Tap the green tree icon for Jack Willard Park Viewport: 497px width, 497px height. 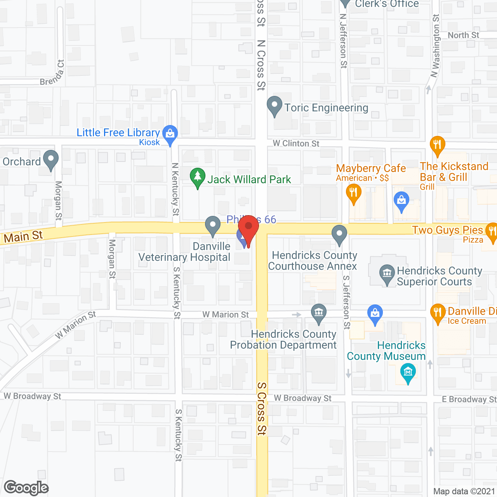198,177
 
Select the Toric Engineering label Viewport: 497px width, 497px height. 326,108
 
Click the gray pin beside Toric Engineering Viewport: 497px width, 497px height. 275,106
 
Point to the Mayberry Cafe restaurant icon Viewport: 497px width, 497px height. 353,193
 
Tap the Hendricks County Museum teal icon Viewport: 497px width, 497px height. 408,373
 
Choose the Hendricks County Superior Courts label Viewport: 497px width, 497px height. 439,276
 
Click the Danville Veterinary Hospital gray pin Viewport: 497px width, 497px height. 212,226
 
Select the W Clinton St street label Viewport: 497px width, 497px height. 296,144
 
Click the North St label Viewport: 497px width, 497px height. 463,35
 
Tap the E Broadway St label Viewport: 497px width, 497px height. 469,400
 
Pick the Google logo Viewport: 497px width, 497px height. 26,488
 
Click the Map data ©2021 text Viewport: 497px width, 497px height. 464,492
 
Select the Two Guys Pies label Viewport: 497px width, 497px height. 447,230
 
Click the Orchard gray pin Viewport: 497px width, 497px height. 51,160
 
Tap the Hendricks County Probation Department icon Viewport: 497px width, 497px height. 319,313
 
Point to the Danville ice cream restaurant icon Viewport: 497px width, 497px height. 438,313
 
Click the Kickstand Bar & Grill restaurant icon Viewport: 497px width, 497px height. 437,145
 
